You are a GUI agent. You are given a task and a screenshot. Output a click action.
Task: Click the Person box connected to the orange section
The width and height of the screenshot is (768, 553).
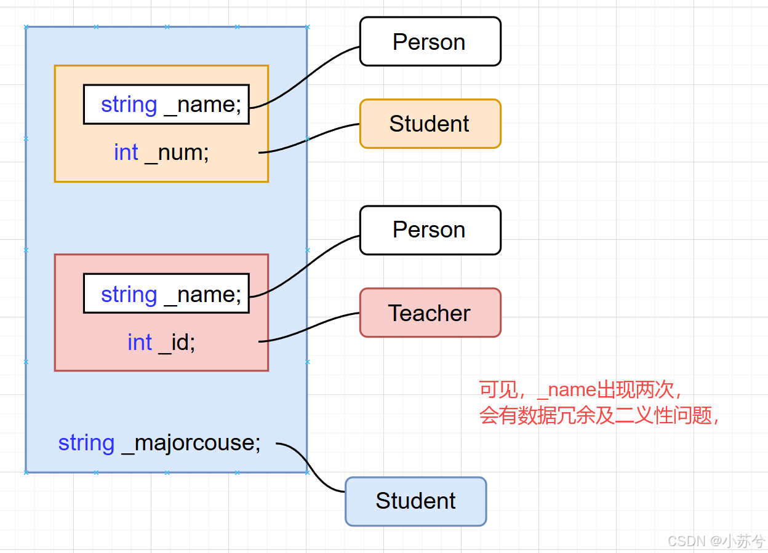coord(430,41)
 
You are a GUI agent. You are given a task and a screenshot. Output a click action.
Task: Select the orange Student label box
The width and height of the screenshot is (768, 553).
coord(430,124)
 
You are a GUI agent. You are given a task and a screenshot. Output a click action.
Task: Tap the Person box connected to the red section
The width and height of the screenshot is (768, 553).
coord(430,230)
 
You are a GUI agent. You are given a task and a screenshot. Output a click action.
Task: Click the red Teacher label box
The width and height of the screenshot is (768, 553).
coord(430,313)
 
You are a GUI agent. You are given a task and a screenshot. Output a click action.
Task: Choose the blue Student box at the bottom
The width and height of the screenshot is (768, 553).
coord(415,501)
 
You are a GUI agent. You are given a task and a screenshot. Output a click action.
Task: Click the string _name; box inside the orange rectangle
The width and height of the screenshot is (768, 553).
coord(166,105)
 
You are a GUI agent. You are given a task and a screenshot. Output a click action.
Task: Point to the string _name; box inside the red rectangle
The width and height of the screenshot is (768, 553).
coord(166,294)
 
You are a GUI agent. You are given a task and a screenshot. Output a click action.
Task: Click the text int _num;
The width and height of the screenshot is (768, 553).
coord(161,152)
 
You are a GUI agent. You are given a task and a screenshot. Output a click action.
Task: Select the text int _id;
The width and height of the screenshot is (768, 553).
coord(161,342)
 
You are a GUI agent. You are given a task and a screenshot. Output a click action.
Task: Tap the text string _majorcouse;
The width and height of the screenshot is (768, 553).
coord(159,443)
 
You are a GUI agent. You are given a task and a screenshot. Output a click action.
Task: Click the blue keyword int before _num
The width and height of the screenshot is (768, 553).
coord(126,152)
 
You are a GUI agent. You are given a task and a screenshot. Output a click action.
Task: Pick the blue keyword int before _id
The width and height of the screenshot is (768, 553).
coord(140,342)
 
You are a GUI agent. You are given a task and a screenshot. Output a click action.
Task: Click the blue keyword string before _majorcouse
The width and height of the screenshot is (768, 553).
coord(86,443)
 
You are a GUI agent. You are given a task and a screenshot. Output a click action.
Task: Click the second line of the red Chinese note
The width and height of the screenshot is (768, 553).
coord(599,416)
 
